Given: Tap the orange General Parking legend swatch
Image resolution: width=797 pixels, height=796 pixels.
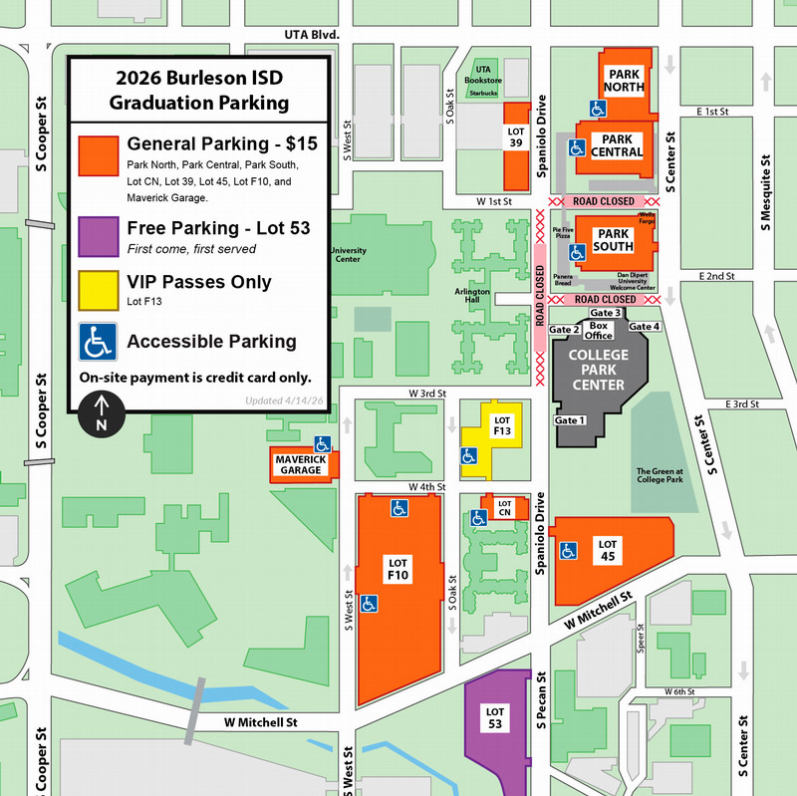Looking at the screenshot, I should (99, 158).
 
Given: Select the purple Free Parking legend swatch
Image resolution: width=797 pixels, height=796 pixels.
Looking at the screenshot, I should (99, 236).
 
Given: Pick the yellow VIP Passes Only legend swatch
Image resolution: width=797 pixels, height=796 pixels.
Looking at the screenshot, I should (99, 289).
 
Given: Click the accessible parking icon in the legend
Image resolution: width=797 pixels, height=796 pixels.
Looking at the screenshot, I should (99, 341).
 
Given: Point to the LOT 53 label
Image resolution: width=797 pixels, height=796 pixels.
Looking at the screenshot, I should (495, 716).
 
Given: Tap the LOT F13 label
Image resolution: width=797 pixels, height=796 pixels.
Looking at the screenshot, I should (502, 425).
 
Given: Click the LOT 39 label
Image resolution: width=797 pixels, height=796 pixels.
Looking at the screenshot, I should (516, 136).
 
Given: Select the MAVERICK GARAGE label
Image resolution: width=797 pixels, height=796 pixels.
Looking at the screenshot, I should (299, 465).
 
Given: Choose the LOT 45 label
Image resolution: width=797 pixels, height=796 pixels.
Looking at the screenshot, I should (609, 549).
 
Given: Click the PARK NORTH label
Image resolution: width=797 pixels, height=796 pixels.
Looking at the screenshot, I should (627, 81).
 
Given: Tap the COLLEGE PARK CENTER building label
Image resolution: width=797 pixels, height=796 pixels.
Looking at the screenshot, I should (599, 370).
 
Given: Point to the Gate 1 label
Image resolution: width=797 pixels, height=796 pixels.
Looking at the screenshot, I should (570, 421).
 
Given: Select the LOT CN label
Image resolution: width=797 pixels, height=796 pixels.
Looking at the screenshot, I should (504, 508).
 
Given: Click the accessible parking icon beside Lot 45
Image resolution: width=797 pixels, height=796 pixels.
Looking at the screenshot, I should (569, 549).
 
